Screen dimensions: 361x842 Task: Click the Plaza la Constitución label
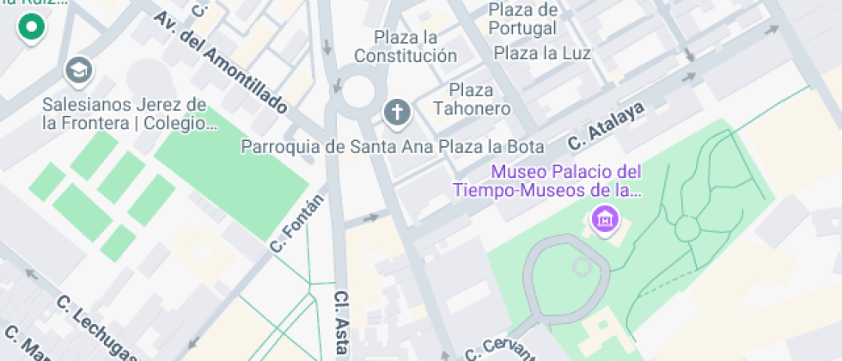(x=406, y=46)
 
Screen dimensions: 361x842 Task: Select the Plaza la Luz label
(x=542, y=53)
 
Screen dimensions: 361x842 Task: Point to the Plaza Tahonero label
(x=472, y=99)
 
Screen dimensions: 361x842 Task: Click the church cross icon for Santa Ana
(x=395, y=110)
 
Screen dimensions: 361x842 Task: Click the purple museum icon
(x=605, y=218)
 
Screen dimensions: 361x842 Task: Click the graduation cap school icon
(x=80, y=69)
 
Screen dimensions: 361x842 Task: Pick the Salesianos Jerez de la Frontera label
(x=125, y=113)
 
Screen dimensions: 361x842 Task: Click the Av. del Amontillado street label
(x=221, y=64)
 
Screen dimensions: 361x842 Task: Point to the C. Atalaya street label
(x=606, y=129)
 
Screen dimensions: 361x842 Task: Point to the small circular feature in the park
(x=687, y=229)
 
